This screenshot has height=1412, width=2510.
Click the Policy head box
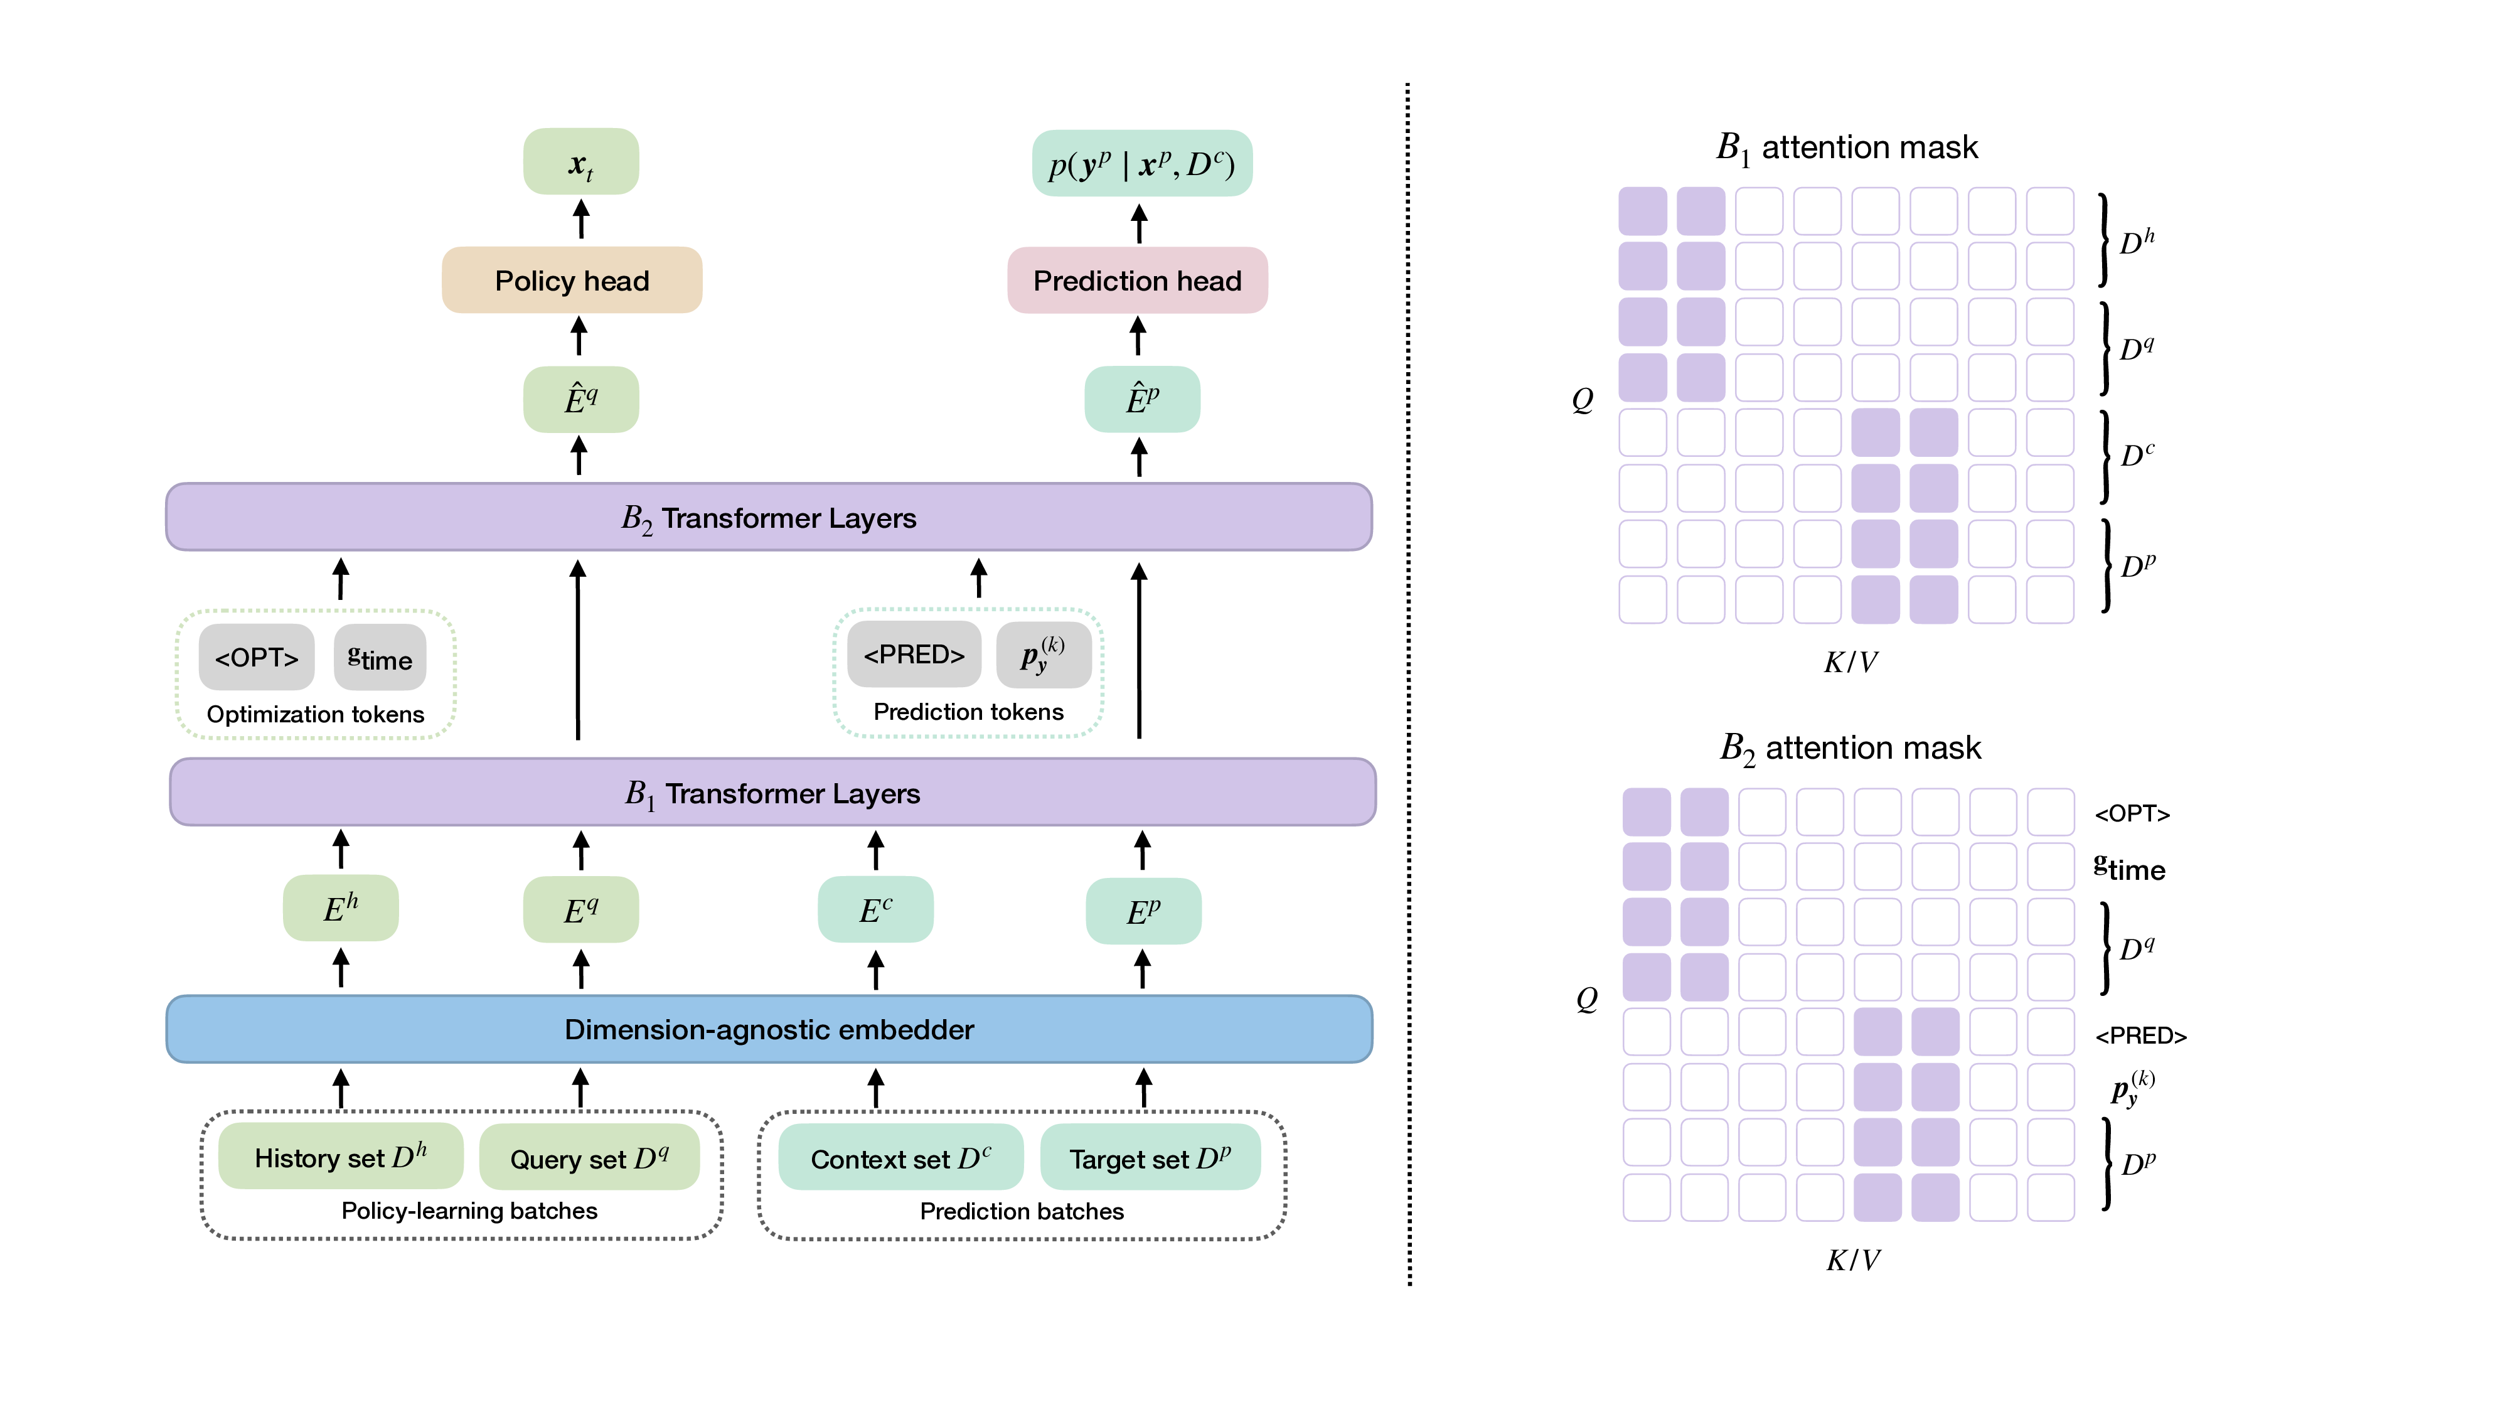[x=572, y=281]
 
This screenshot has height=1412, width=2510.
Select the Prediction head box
[x=1137, y=281]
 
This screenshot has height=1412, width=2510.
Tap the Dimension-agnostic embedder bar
[x=769, y=1029]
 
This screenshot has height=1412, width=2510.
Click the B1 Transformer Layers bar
[x=772, y=792]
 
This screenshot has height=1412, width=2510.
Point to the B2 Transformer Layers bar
[x=769, y=518]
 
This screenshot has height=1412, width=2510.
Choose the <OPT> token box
[x=256, y=658]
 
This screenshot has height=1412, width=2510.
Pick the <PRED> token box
[x=914, y=655]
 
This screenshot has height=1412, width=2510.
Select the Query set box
[x=589, y=1158]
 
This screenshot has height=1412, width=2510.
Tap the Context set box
[x=900, y=1158]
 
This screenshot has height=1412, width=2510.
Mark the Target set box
[x=1150, y=1158]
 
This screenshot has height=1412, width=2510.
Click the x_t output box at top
[x=580, y=163]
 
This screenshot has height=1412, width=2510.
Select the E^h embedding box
[x=340, y=908]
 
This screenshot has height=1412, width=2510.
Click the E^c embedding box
[x=875, y=910]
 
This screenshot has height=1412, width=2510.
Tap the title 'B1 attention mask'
[x=1847, y=147]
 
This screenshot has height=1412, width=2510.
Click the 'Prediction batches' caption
[x=1021, y=1211]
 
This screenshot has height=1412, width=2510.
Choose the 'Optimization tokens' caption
[x=315, y=714]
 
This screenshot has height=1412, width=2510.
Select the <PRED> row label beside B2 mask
[x=2140, y=1035]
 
